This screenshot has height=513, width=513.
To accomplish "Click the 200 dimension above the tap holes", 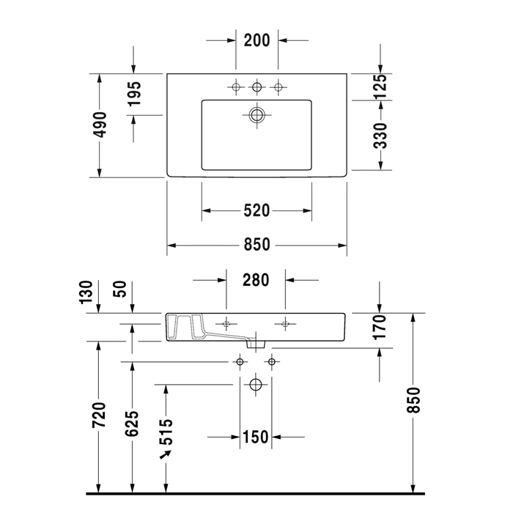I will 257,41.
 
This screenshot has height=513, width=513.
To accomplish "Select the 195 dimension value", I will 133,95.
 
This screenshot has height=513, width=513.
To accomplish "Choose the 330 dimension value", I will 380,136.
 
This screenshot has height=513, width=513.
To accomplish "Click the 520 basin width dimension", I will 256,211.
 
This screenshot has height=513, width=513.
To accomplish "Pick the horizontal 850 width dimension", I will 256,245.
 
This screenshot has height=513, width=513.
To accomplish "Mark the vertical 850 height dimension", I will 414,401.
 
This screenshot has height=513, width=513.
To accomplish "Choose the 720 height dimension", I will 100,416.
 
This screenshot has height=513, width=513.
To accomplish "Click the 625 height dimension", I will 133,424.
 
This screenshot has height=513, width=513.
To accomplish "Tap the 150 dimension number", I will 255,438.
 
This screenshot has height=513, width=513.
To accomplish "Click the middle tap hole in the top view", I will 256,88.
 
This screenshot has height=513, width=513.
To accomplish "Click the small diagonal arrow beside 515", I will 166,456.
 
